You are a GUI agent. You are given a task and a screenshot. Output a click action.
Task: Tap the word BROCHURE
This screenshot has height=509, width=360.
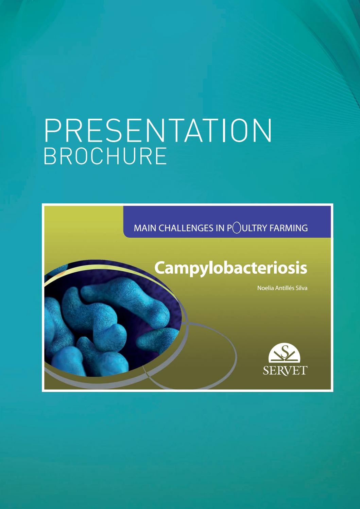click(105, 156)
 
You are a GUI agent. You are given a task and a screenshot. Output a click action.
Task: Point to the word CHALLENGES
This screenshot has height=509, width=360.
click(186, 228)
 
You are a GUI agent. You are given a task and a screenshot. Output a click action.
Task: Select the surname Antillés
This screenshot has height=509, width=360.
click(283, 288)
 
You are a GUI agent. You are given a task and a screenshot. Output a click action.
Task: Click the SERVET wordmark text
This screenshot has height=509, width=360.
click(285, 370)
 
